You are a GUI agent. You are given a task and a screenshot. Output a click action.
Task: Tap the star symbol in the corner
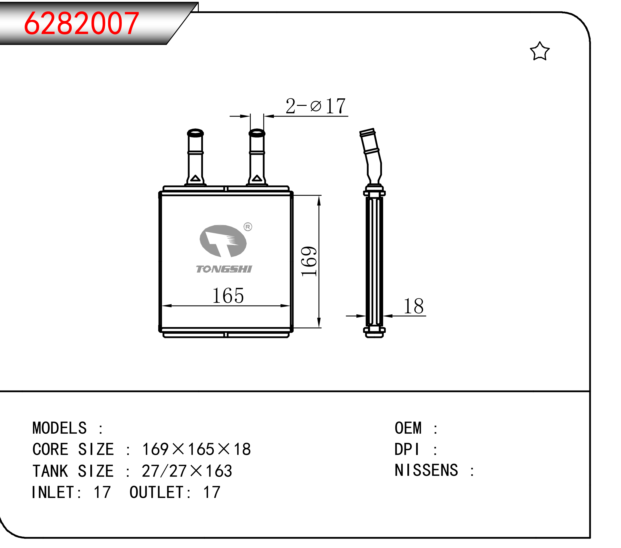[540, 51]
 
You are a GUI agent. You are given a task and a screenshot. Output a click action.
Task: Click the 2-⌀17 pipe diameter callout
[315, 106]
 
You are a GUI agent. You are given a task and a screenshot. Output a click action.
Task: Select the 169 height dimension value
[309, 261]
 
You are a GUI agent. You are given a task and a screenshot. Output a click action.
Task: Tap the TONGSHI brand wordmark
[224, 269]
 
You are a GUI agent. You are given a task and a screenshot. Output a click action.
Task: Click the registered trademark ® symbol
[248, 227]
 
